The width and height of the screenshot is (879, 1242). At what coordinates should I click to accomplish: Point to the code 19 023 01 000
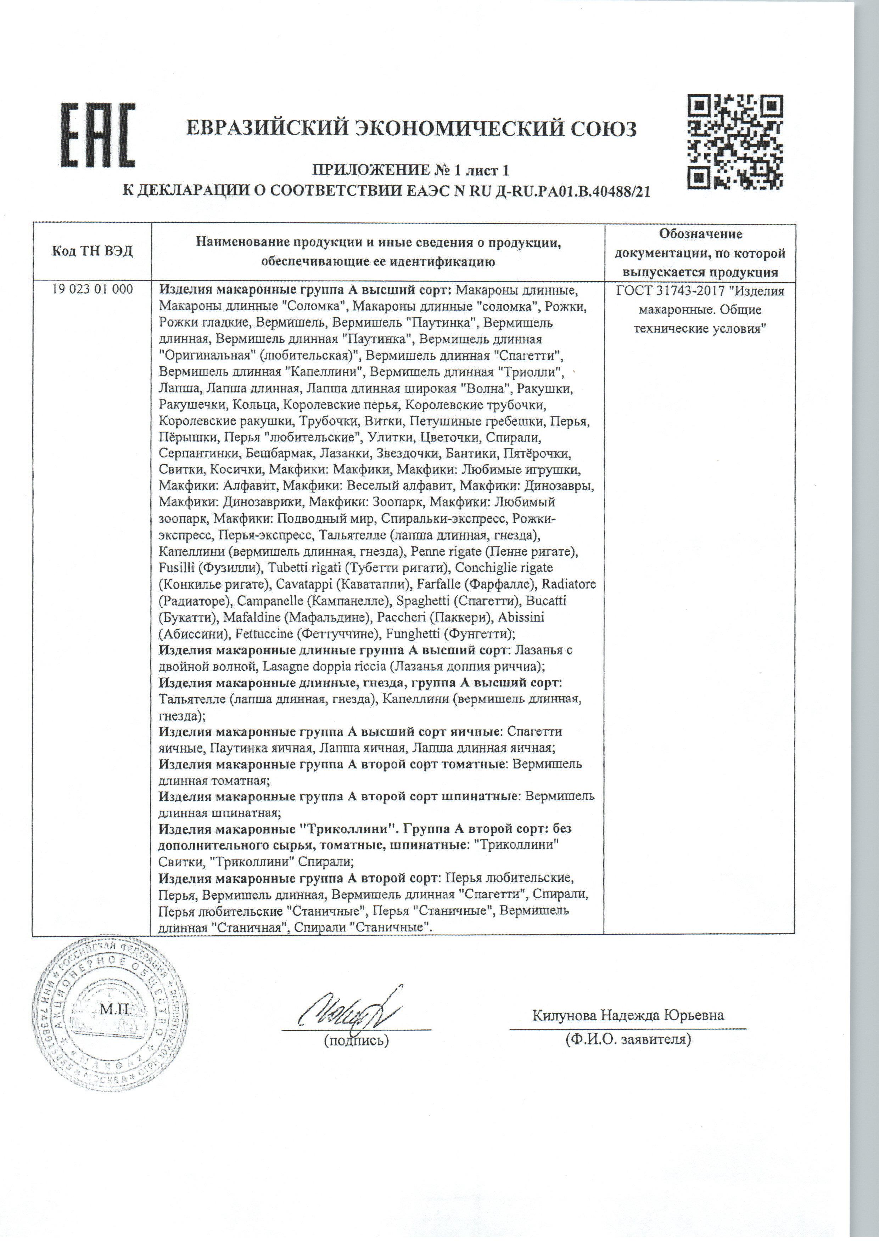pyautogui.click(x=93, y=289)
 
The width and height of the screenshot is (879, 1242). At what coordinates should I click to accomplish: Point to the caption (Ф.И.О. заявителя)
pyautogui.click(x=628, y=1039)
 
